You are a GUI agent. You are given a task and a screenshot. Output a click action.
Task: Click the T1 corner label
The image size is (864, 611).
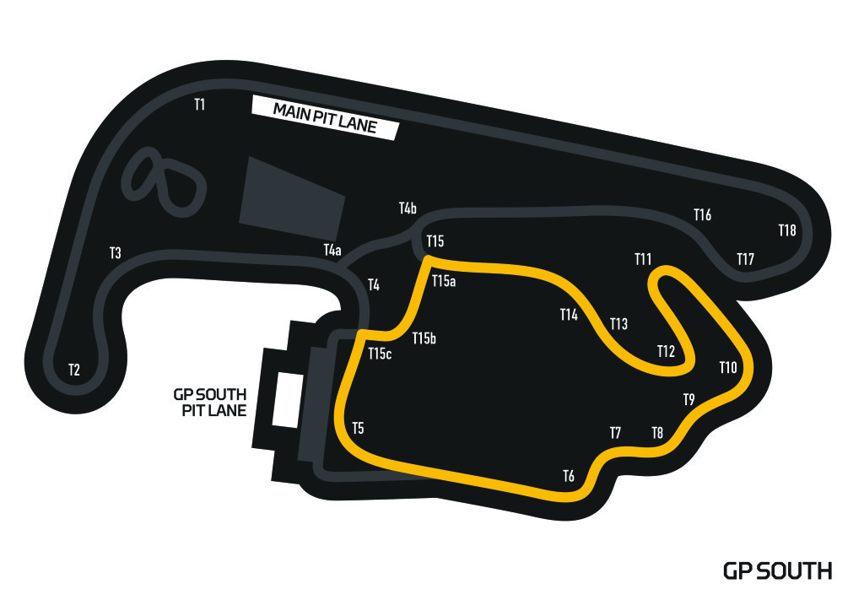[x=200, y=105]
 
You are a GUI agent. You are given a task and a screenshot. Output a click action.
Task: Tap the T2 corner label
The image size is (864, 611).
[x=74, y=370]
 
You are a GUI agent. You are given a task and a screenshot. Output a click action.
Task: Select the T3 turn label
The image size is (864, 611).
[x=116, y=253]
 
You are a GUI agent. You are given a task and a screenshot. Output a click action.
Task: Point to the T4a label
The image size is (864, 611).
[x=332, y=250]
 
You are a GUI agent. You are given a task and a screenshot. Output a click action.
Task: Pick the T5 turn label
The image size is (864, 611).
[x=358, y=428]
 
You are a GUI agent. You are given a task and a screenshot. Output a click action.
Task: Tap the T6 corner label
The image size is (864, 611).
[x=569, y=477]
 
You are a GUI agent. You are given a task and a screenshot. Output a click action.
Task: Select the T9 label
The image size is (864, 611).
[x=688, y=399]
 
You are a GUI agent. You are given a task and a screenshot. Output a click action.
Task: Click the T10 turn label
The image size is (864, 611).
[x=728, y=367]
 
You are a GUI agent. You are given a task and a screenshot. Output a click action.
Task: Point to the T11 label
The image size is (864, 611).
[x=644, y=259]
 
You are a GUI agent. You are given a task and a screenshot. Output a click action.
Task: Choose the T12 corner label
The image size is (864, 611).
[x=667, y=351]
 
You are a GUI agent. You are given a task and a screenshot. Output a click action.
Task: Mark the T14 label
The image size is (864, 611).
[x=569, y=315]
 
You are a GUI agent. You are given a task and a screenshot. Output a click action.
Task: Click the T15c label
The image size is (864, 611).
[x=381, y=354]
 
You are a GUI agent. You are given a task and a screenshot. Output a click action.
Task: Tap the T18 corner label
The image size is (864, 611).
[x=787, y=230]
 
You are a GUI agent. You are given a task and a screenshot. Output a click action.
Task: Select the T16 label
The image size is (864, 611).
[x=702, y=215]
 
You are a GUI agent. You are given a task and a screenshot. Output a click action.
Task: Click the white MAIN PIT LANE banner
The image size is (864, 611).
[x=325, y=118]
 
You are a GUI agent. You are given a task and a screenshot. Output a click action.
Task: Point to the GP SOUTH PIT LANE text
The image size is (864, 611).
[x=210, y=403]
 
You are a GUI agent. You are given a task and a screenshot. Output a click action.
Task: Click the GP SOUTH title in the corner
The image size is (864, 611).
[x=777, y=571]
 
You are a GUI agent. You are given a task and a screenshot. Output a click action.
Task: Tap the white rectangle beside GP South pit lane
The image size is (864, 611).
[x=285, y=399]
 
